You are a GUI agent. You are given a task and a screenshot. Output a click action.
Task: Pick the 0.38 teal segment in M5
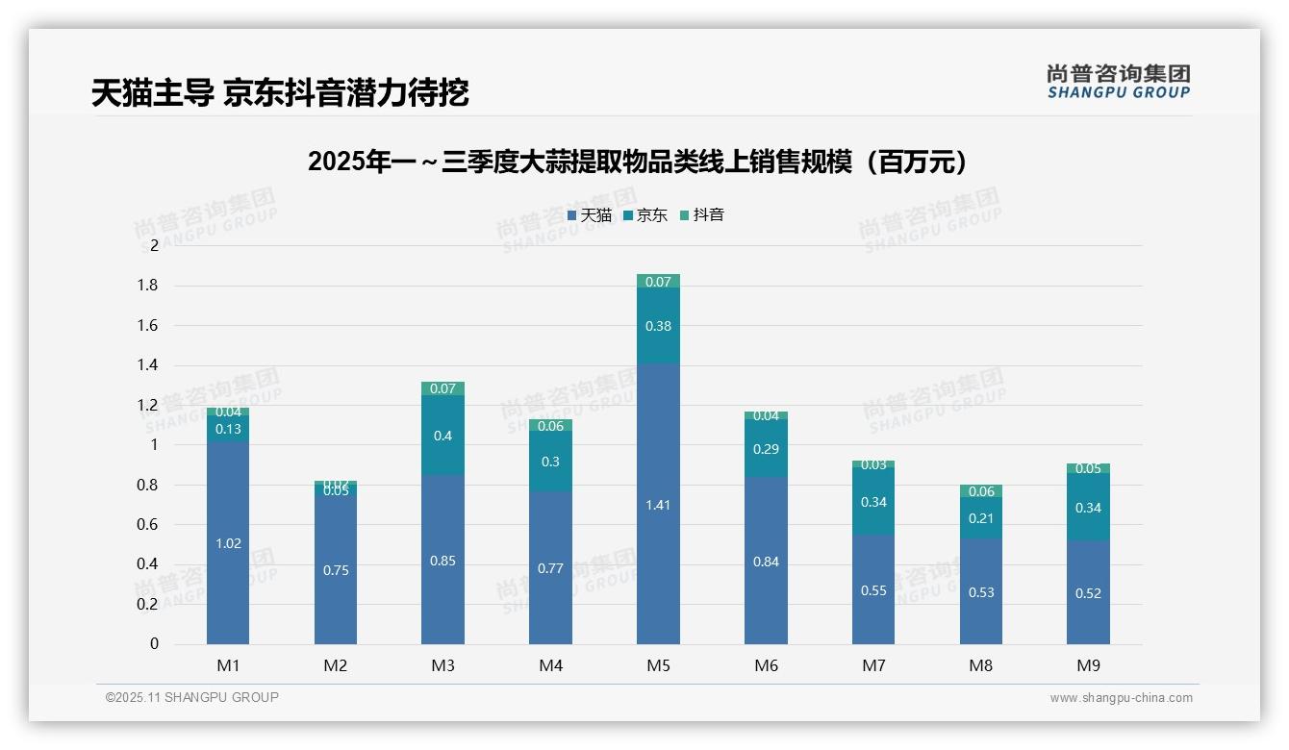[658, 326]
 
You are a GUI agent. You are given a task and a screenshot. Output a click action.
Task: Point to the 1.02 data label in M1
[228, 543]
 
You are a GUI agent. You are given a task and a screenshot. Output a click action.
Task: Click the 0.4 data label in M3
[442, 436]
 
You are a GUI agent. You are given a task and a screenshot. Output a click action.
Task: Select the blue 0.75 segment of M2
[336, 570]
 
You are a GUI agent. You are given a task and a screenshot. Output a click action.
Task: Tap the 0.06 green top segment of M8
[981, 491]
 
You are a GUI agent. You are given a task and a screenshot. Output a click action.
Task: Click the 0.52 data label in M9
[1088, 593]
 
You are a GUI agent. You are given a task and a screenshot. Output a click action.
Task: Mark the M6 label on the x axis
[766, 665]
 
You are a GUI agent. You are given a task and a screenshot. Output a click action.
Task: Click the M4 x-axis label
[550, 665]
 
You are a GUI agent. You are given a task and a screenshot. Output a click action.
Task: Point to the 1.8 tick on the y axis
[146, 286]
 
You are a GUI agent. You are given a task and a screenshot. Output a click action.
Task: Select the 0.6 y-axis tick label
[146, 525]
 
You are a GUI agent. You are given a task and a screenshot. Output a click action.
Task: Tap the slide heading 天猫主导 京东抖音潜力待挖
[280, 93]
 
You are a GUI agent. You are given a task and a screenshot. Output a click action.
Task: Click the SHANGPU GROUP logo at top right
[1118, 82]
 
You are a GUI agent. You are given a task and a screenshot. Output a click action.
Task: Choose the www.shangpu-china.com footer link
[1121, 698]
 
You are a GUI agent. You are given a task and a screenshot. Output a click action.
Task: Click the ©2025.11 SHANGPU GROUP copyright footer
[192, 697]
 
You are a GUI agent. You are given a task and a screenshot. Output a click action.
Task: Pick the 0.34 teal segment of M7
[873, 502]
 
